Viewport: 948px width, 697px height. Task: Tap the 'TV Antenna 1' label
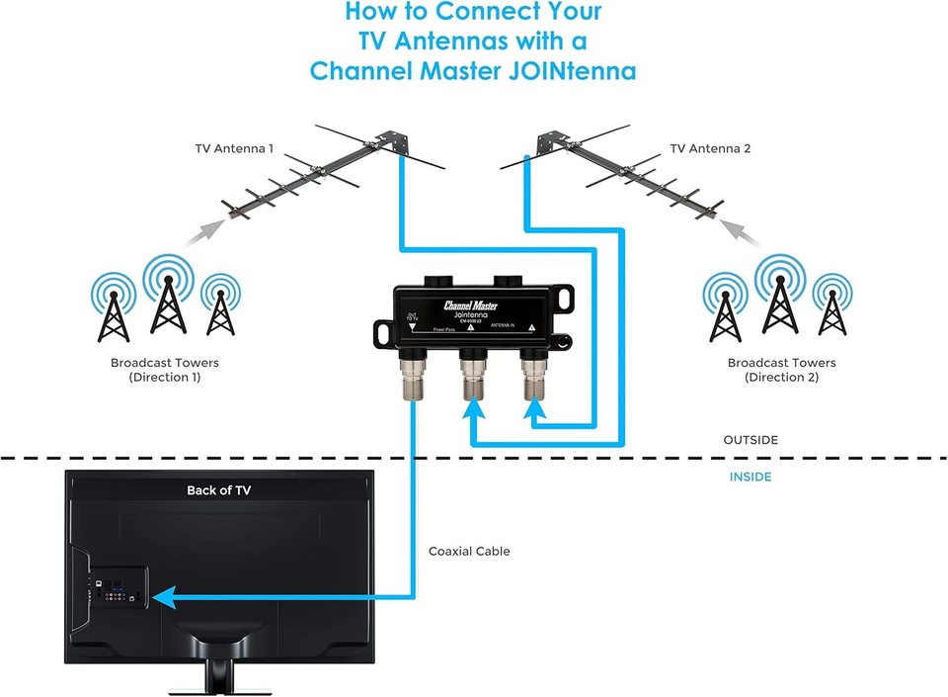pos(234,149)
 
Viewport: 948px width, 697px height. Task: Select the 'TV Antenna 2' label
pos(710,149)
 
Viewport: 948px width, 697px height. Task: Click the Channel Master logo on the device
pos(477,305)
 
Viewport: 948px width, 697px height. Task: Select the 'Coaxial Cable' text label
pos(469,551)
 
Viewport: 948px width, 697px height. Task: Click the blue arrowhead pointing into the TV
pos(168,596)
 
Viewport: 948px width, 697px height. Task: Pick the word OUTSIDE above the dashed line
pos(750,440)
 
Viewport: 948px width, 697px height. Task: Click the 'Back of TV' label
pos(219,490)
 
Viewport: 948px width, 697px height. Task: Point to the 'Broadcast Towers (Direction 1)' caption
pos(165,370)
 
